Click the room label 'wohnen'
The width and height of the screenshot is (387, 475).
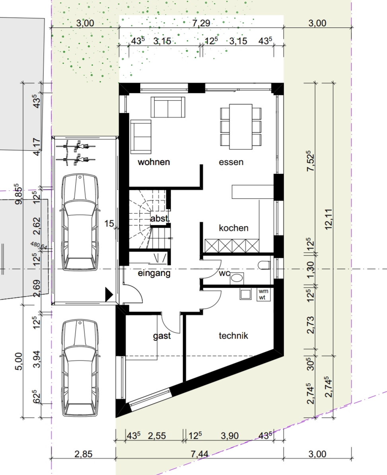click(x=154, y=162)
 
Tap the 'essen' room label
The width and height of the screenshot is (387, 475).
click(x=231, y=162)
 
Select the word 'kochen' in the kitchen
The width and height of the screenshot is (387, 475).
click(x=233, y=228)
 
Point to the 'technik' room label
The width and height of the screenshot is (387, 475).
click(x=233, y=335)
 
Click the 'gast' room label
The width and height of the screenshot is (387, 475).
click(x=162, y=336)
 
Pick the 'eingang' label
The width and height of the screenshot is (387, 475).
click(x=154, y=273)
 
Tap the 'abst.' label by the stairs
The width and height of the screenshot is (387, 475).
click(x=160, y=218)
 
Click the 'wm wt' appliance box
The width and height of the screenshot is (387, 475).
click(x=263, y=294)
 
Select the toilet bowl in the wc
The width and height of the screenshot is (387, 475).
click(x=264, y=265)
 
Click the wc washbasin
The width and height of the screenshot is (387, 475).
click(x=236, y=277)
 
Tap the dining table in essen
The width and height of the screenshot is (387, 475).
click(x=241, y=127)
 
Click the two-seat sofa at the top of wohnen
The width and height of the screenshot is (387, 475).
click(x=168, y=107)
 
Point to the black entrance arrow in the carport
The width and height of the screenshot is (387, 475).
click(x=109, y=295)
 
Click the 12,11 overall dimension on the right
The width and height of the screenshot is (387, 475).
click(x=329, y=219)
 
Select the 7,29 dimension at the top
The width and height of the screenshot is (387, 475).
click(x=201, y=23)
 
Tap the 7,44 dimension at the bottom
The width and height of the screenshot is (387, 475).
click(x=199, y=454)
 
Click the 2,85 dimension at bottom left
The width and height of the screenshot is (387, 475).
click(x=84, y=454)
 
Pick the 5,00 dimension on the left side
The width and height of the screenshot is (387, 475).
click(x=18, y=361)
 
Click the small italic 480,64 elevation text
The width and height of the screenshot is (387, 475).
click(x=39, y=246)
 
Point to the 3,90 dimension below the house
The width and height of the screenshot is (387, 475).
click(x=230, y=436)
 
